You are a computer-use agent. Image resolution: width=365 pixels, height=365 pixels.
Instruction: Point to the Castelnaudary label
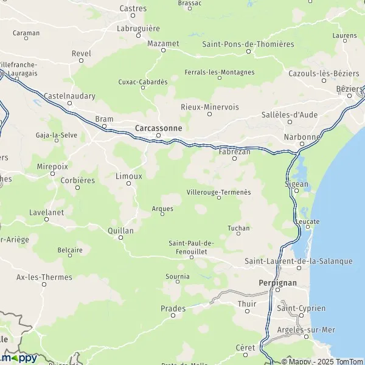point(69,96)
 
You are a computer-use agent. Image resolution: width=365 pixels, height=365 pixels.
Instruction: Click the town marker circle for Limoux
point(129,184)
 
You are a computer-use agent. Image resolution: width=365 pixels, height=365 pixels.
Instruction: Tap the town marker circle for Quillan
point(120,238)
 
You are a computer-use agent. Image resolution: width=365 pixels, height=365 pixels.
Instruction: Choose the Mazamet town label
point(163,44)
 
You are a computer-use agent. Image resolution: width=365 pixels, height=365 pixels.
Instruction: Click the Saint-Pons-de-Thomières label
point(248,44)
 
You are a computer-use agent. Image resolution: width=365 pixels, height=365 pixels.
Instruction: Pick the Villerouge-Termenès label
point(218,192)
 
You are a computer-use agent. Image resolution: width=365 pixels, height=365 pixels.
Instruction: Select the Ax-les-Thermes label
point(44,277)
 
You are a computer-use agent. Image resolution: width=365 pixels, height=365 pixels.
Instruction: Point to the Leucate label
point(307,222)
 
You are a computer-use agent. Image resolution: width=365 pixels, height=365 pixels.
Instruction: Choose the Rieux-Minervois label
point(210,107)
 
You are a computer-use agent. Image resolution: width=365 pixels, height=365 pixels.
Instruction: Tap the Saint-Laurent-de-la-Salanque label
point(298,261)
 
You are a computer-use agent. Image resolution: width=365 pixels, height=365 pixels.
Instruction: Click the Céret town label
point(245,347)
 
